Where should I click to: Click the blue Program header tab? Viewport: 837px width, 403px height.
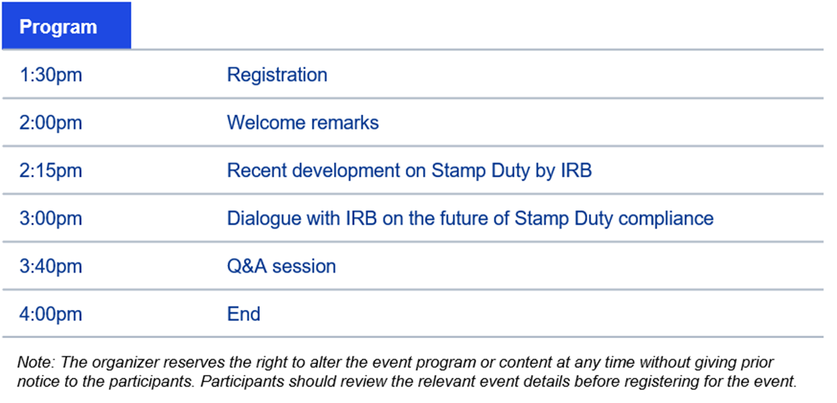click(66, 25)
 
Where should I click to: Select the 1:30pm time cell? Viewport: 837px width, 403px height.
click(51, 75)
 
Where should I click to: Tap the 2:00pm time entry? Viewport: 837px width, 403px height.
click(51, 123)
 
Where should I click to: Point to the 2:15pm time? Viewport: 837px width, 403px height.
click(51, 171)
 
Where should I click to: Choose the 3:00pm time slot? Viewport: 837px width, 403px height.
click(51, 218)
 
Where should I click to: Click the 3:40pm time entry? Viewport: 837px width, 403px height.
click(51, 267)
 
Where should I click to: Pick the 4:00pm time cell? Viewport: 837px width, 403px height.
click(51, 314)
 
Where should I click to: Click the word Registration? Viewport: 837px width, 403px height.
click(277, 76)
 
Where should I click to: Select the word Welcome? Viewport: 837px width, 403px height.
click(262, 123)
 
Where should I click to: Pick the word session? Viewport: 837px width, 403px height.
click(304, 267)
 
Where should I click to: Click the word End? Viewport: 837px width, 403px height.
click(244, 314)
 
